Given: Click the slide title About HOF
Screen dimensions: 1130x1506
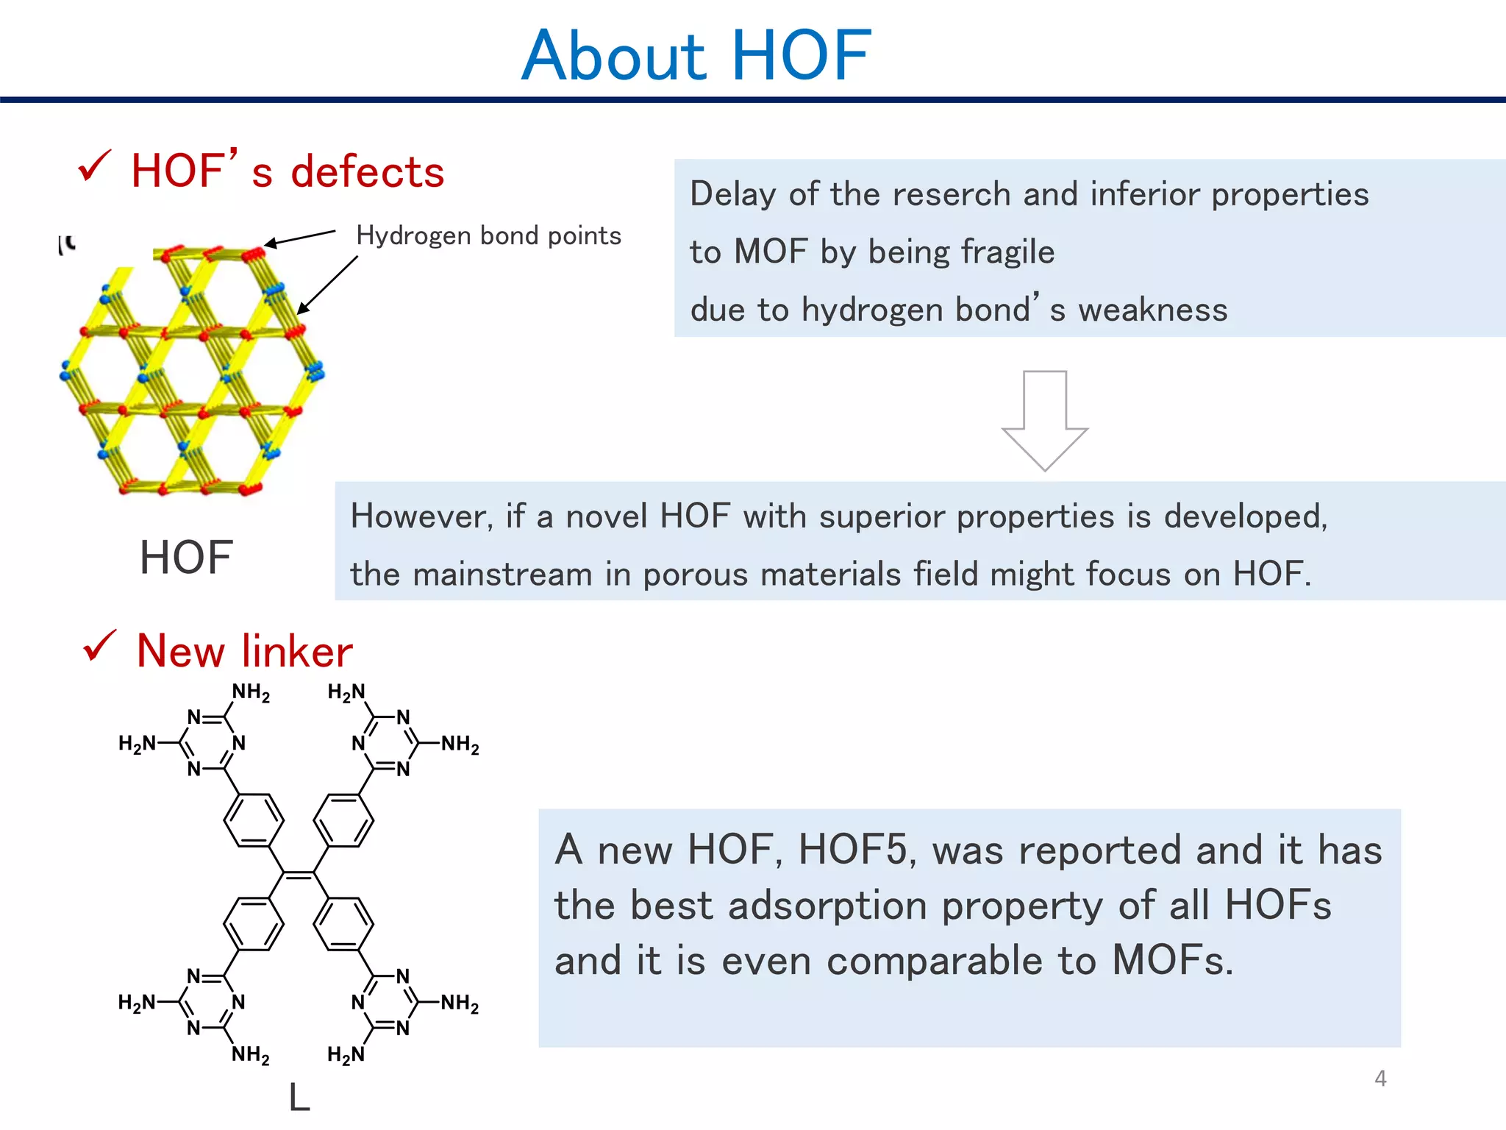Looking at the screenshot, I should tap(696, 56).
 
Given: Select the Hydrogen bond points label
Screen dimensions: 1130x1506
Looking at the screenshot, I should tap(488, 235).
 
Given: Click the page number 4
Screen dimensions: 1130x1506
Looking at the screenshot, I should tap(1380, 1079).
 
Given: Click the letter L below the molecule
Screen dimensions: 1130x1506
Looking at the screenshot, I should tap(299, 1098).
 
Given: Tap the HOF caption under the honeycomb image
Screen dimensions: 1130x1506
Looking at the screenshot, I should tap(186, 557).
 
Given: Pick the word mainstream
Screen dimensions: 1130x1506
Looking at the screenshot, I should tap(502, 574).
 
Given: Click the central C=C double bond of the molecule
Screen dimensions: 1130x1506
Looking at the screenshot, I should tap(299, 874).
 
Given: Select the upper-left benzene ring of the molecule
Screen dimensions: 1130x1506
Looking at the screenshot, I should tap(254, 820).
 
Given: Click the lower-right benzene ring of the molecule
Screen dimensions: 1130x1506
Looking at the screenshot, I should tap(343, 924).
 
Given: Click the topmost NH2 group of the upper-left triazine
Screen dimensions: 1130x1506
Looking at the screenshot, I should tap(251, 692).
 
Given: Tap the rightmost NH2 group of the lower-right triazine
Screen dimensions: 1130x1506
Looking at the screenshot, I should tap(460, 1003).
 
